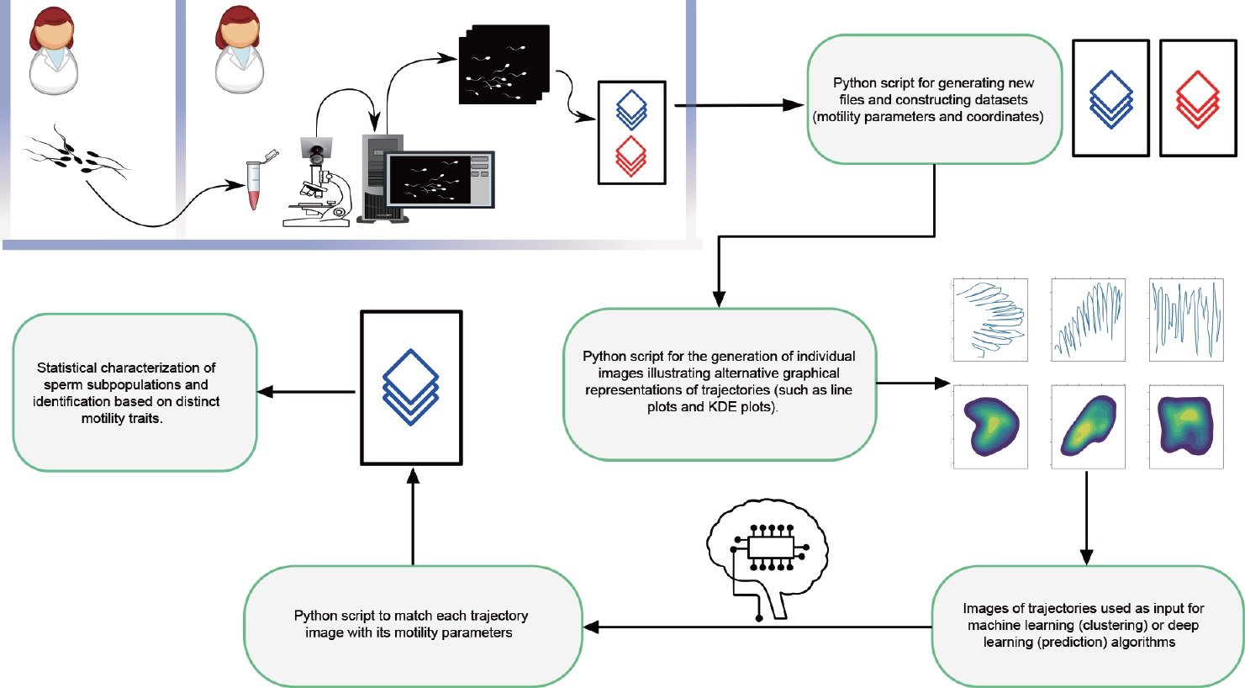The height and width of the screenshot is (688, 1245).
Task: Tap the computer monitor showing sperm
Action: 439,178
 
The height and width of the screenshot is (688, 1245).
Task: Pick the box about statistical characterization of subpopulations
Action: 134,392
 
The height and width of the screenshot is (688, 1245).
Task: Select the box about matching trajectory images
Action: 412,625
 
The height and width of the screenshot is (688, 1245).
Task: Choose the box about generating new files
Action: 933,99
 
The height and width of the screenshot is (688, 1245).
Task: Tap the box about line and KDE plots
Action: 719,383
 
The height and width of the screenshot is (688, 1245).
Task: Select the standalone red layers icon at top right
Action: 1197,99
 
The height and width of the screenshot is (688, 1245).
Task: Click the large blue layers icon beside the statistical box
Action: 411,387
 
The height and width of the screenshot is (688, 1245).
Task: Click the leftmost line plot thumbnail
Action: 991,320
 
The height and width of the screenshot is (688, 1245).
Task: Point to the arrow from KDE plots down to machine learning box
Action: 1086,517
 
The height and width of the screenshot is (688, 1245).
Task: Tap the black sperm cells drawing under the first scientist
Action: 76,153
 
